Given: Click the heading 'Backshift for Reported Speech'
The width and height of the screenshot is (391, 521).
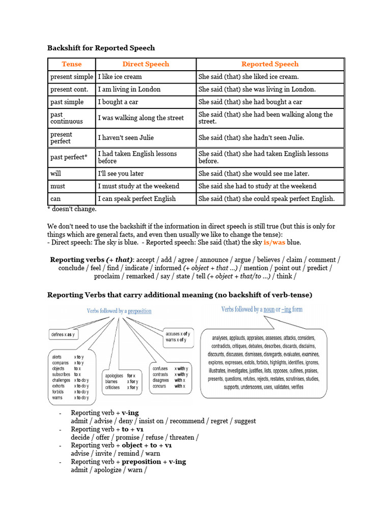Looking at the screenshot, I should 101,48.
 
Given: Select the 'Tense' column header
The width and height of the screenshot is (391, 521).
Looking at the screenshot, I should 71,64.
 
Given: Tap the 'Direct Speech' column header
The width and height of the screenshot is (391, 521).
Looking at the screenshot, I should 146,64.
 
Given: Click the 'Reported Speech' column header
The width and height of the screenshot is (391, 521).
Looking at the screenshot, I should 270,64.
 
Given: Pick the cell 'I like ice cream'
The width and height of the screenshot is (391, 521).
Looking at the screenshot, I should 120,77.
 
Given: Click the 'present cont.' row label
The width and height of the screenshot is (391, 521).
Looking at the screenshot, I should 69,90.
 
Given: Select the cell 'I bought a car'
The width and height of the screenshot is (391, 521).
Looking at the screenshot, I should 119,102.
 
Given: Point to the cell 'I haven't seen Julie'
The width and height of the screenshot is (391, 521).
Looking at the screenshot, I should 126,137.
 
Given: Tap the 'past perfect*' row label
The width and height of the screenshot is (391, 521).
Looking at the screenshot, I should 69,157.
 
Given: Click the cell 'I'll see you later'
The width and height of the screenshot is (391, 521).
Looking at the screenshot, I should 121,173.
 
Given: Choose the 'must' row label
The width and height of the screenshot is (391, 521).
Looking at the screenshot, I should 58,186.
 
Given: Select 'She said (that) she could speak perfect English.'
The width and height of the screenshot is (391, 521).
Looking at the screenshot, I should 266,199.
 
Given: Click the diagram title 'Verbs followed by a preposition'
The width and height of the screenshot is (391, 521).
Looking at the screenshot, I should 119,311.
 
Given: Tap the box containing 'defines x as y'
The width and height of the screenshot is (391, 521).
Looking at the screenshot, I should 63,335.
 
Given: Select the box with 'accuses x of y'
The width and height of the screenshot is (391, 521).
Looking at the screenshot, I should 176,337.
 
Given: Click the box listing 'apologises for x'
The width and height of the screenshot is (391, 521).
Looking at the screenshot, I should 121,382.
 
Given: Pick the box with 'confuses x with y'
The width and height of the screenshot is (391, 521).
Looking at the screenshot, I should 170,378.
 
